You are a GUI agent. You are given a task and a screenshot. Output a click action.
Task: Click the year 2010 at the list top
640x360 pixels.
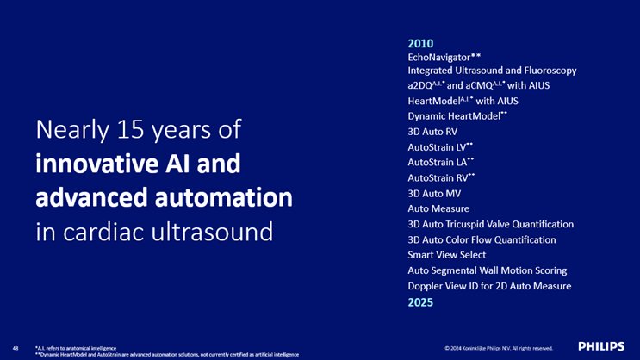point(420,44)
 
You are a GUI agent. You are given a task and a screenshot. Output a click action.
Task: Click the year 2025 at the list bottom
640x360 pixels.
point(420,302)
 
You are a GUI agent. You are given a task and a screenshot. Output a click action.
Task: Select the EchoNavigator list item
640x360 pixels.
point(444,57)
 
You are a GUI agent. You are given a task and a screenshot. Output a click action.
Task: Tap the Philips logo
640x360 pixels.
point(601,346)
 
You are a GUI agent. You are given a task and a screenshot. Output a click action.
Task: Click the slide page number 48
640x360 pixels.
point(16,348)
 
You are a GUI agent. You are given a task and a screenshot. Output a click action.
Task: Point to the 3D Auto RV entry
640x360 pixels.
point(432,132)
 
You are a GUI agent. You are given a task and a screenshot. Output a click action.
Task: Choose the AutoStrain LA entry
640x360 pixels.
point(441,163)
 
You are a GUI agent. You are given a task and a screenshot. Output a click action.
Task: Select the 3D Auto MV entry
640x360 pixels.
point(434,194)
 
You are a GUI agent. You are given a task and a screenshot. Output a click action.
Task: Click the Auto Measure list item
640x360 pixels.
point(438,208)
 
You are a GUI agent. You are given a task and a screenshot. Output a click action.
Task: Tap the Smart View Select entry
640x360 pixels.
point(446,255)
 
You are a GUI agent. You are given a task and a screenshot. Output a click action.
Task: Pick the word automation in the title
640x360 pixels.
point(223,197)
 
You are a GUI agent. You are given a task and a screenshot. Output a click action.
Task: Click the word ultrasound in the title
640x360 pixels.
point(212,232)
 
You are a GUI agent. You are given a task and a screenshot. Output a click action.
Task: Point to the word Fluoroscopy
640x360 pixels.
point(550,71)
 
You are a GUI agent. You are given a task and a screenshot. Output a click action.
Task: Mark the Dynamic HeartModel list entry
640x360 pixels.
point(457,116)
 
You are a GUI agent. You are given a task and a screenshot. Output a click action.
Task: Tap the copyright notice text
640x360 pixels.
point(499,348)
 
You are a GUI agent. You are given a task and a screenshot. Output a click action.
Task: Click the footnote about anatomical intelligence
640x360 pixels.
point(76,348)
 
